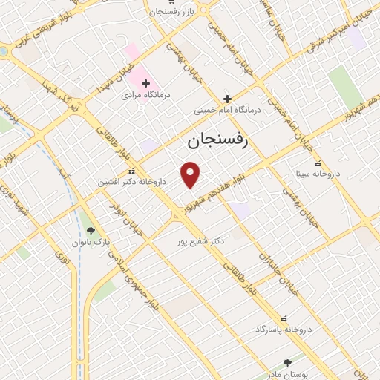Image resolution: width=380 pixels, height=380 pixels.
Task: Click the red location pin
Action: [191, 175]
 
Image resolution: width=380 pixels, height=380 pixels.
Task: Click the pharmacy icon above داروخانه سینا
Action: [318, 164]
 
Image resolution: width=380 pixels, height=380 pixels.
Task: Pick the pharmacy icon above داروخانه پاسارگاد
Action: [283, 316]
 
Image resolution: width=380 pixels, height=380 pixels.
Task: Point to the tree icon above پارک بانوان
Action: [91, 230]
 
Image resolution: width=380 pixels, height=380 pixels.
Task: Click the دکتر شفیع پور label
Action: [197, 241]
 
